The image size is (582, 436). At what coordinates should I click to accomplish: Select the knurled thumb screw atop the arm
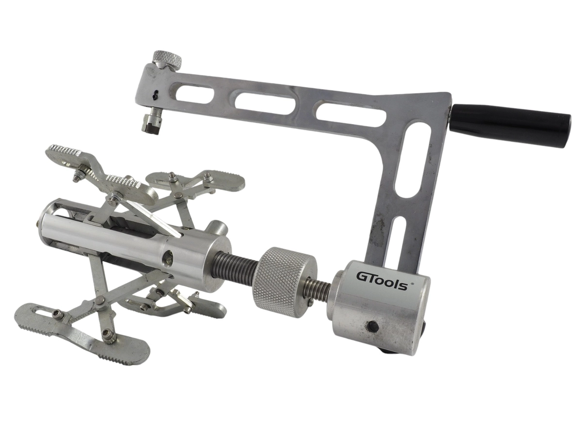click(167, 59)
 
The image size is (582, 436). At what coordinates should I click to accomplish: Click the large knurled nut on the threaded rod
click(284, 282)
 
